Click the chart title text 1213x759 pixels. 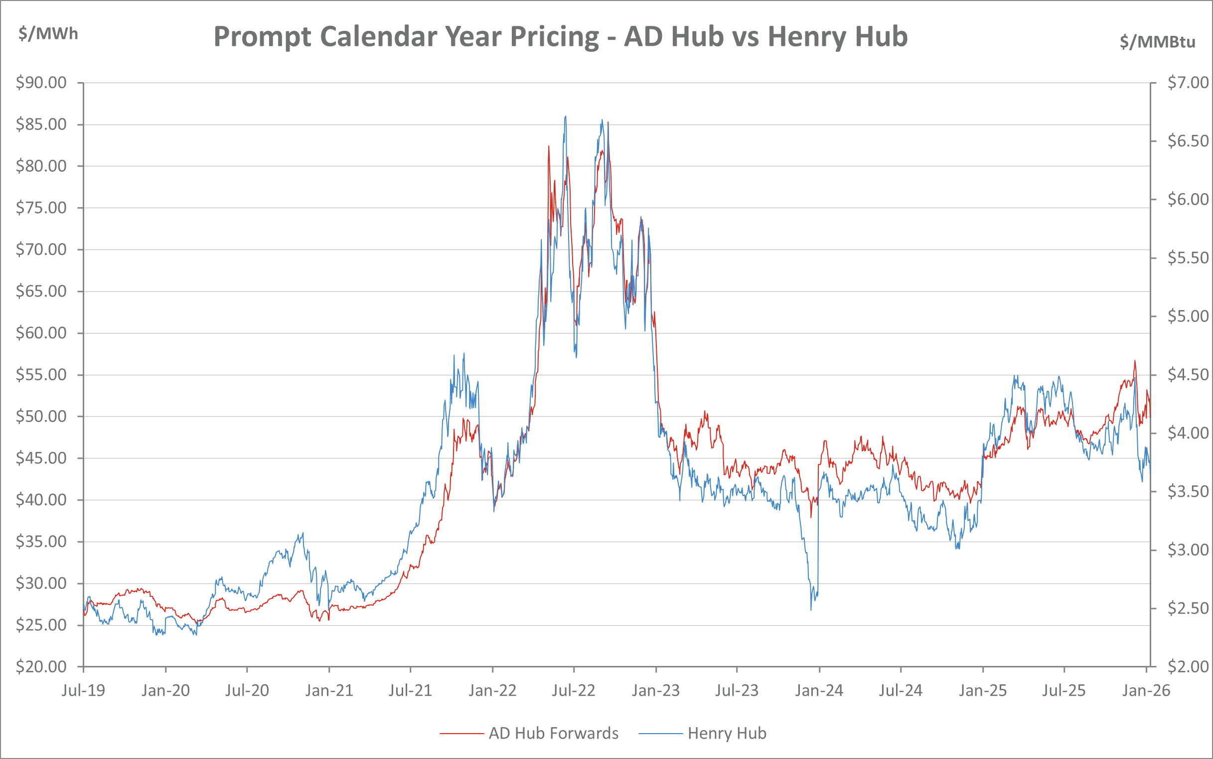560,37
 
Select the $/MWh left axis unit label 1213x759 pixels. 48,34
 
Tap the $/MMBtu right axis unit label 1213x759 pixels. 1157,42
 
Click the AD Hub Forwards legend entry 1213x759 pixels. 553,734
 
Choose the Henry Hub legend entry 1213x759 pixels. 727,734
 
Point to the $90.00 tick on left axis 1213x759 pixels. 41,82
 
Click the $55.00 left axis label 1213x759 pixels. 41,374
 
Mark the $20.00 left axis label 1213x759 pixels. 41,666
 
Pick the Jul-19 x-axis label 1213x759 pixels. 83,691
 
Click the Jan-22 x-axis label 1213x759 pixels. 492,691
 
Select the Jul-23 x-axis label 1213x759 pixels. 737,691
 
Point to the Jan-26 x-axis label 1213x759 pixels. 1146,691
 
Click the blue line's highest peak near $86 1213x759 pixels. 566,116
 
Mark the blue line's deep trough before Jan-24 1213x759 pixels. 811,609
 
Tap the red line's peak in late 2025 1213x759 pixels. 1135,361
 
